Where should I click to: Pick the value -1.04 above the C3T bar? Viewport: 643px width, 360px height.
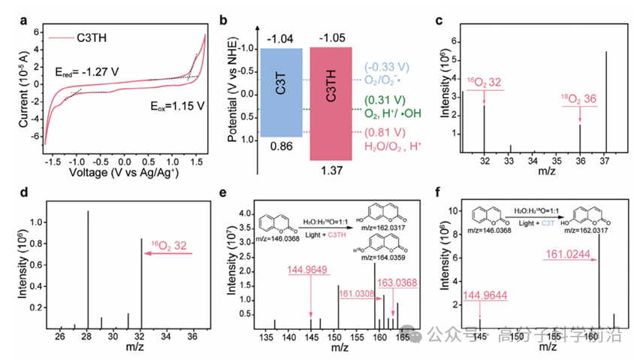[279, 37]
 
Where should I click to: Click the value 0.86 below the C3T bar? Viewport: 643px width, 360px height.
[279, 150]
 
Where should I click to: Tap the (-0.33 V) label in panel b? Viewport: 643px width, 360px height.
[388, 67]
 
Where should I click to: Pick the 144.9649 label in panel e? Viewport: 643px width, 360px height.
[310, 271]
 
